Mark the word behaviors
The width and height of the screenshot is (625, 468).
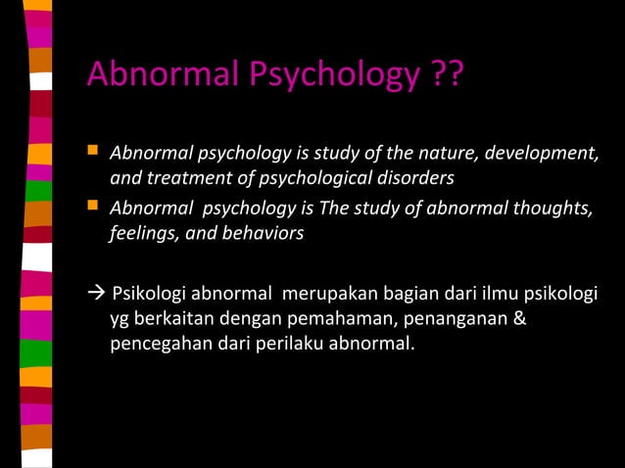pyautogui.click(x=265, y=233)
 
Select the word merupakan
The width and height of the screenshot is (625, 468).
pyautogui.click(x=326, y=296)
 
